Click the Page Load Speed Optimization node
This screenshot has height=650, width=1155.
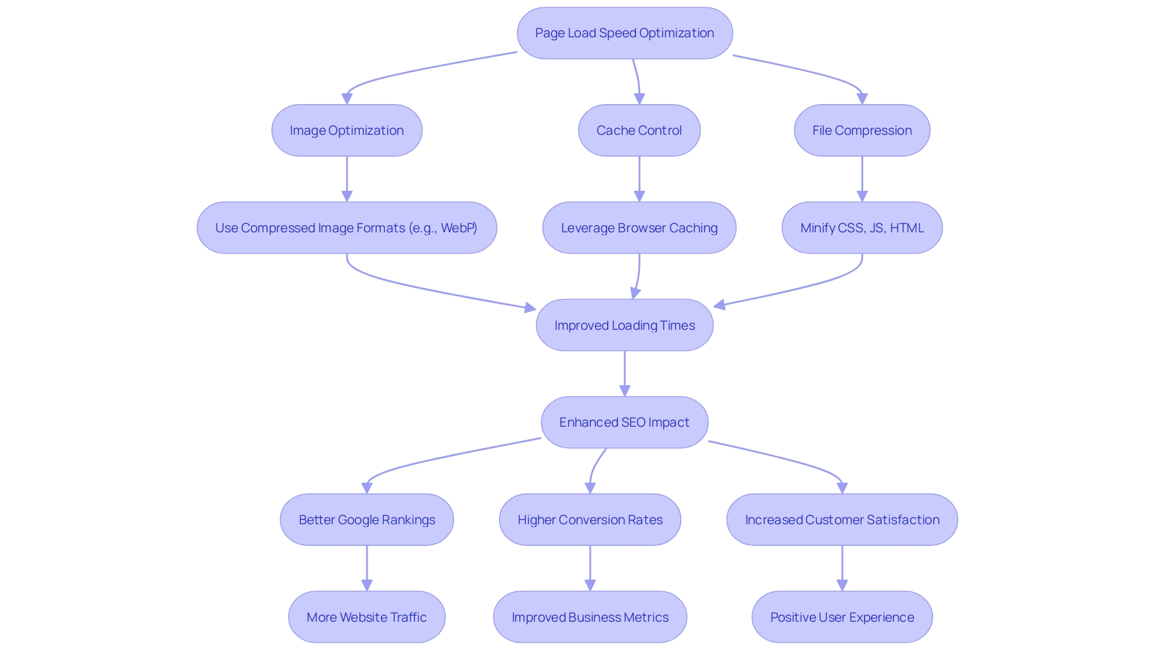coord(624,33)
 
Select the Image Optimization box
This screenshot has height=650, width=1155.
coord(346,131)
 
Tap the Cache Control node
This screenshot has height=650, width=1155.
coord(639,131)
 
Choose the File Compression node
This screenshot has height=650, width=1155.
coord(861,131)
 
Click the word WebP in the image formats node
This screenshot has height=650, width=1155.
coord(458,228)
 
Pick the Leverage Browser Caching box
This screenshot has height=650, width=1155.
coord(639,228)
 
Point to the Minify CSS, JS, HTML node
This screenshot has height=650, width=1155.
coord(861,228)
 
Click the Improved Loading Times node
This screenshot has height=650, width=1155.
coord(624,326)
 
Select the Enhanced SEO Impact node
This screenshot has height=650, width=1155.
coord(624,422)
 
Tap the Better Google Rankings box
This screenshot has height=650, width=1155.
coord(366,520)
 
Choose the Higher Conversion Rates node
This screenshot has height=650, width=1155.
coord(590,520)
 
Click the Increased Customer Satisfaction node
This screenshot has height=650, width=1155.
coord(842,520)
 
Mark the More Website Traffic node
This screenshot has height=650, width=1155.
coord(366,617)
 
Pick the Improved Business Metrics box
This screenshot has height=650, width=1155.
coord(590,617)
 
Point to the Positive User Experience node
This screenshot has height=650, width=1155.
coord(842,617)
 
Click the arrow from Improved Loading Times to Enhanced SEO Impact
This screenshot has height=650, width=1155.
coord(624,373)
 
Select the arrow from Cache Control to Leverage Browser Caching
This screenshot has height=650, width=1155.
coord(639,179)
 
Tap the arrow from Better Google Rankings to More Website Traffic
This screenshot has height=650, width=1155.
coord(366,568)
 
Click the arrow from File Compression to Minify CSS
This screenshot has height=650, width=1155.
coord(861,179)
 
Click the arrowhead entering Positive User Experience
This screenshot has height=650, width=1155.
coord(842,585)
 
